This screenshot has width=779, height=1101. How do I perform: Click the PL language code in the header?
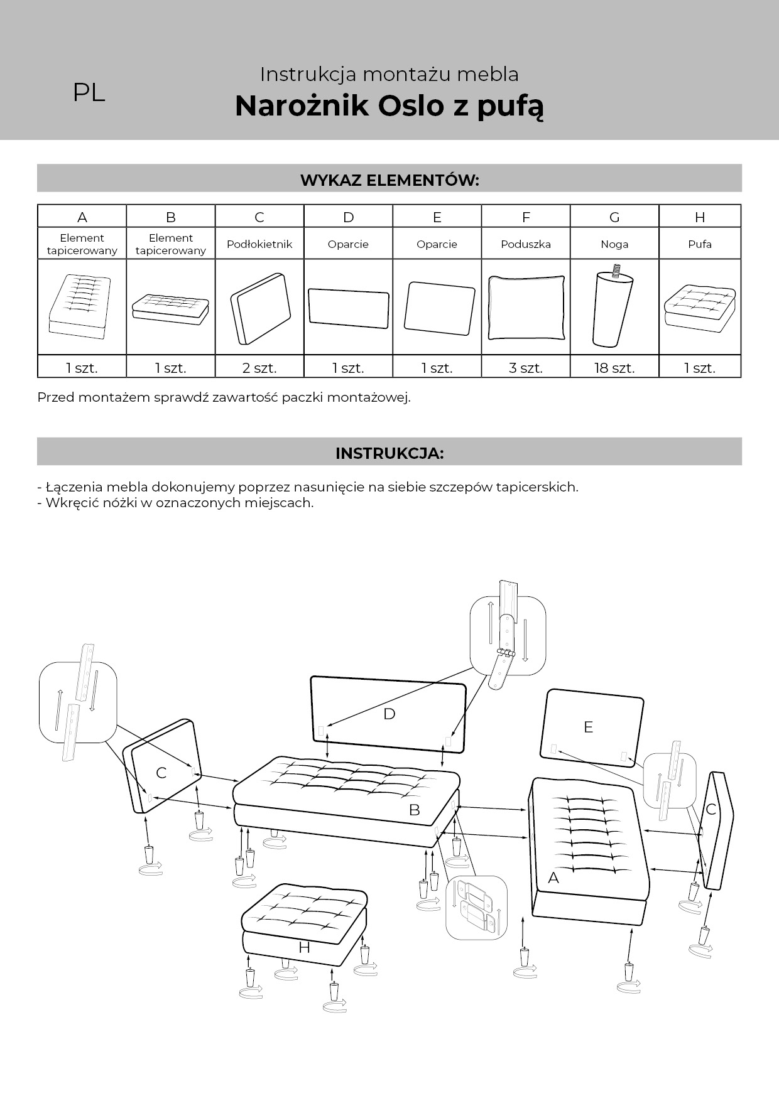tap(89, 93)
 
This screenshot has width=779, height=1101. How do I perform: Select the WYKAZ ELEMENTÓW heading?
tap(389, 181)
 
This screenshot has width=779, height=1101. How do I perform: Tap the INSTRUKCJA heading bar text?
tap(389, 453)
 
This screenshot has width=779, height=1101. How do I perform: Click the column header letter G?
tap(614, 217)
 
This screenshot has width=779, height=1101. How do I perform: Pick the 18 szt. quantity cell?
tap(614, 368)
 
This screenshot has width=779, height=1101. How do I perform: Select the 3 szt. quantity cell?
tap(526, 368)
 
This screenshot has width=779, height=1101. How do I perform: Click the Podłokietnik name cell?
tap(259, 244)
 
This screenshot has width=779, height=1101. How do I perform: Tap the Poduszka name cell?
tap(526, 244)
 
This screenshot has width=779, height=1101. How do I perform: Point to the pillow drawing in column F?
tap(526, 308)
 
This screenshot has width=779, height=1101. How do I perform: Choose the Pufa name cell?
tap(700, 244)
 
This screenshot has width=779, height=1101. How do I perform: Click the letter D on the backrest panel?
tap(389, 714)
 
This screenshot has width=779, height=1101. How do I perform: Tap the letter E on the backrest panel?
tap(588, 727)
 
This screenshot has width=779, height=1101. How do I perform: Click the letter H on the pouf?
tap(304, 947)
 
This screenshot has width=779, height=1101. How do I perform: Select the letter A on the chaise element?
tap(553, 878)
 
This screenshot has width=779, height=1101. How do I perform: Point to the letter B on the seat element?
tap(414, 810)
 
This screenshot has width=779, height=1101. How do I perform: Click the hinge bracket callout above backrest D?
tap(508, 635)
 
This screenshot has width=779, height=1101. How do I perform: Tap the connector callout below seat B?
tap(476, 908)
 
